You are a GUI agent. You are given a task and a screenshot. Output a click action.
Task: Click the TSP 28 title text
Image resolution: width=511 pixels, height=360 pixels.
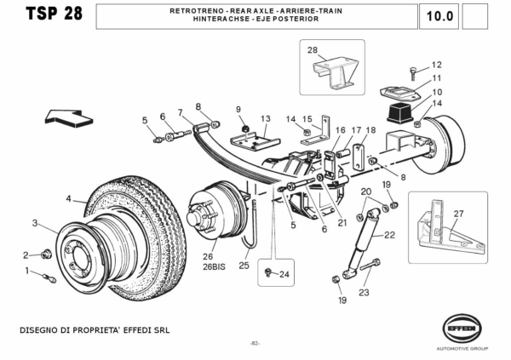pyautogui.click(x=55, y=14)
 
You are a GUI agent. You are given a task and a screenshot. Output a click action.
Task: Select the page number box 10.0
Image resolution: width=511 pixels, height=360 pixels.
pyautogui.click(x=439, y=15)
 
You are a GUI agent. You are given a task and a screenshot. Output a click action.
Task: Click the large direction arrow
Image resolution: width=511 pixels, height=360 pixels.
pyautogui.click(x=70, y=117)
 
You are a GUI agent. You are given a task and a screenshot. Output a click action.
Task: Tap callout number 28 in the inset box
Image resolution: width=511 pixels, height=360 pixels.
pyautogui.click(x=313, y=50)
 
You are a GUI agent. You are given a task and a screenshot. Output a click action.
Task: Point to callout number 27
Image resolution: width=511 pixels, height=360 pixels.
pyautogui.click(x=458, y=214)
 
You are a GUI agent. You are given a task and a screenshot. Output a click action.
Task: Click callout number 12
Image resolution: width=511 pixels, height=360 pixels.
pyautogui.click(x=437, y=65)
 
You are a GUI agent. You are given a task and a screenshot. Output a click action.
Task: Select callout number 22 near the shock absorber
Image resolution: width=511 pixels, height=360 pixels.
pyautogui.click(x=391, y=235)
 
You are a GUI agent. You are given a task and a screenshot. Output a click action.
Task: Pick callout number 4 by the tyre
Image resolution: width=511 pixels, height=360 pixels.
pyautogui.click(x=69, y=199)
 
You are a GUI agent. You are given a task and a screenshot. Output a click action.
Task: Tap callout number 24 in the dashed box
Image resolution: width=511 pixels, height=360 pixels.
pyautogui.click(x=284, y=274)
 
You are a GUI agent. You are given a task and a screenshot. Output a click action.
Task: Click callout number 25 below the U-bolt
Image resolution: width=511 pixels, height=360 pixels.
pyautogui.click(x=244, y=266)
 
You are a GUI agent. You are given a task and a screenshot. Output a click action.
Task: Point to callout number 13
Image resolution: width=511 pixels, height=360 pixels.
pyautogui.click(x=265, y=118)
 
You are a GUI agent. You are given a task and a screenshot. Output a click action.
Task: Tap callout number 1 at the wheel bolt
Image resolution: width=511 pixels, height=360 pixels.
pyautogui.click(x=27, y=271)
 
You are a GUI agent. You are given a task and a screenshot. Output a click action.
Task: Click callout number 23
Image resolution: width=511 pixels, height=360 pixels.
pyautogui.click(x=364, y=293)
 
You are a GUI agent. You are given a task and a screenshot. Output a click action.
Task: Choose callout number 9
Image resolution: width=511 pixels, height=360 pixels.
pyautogui.click(x=239, y=109)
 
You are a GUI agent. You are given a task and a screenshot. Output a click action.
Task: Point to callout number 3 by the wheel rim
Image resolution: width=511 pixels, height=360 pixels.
pyautogui.click(x=35, y=223)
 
